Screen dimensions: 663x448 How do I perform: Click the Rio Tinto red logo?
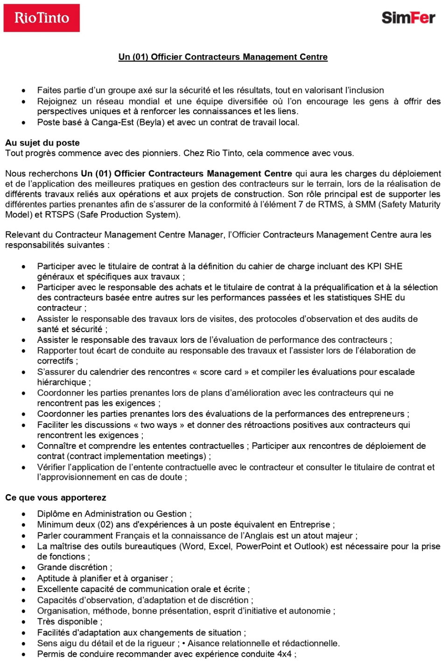point(42,18)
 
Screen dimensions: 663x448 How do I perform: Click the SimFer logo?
point(408,18)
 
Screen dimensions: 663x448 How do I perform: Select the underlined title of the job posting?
point(223,57)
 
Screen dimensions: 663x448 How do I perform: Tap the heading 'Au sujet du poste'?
point(42,143)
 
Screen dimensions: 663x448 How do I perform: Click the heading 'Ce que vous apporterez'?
point(56,497)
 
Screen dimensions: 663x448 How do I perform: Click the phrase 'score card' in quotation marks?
point(221,372)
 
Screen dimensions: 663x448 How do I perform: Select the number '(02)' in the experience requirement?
point(105,524)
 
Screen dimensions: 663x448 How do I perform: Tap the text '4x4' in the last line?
point(284,654)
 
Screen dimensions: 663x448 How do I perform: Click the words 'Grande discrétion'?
point(72,567)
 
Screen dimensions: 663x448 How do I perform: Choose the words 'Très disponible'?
point(68,621)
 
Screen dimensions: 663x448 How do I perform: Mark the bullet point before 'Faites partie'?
point(23,91)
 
